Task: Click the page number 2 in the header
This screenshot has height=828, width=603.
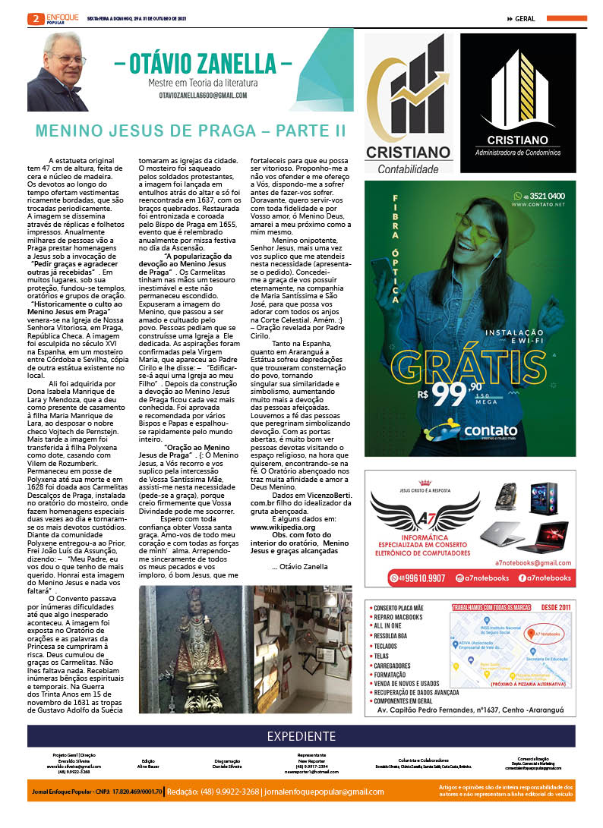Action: coord(33,18)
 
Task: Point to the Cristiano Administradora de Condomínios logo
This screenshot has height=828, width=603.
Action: coord(518,103)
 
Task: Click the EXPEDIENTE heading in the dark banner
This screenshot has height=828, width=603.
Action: coord(301,736)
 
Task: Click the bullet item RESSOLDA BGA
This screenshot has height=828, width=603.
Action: coord(393,636)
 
